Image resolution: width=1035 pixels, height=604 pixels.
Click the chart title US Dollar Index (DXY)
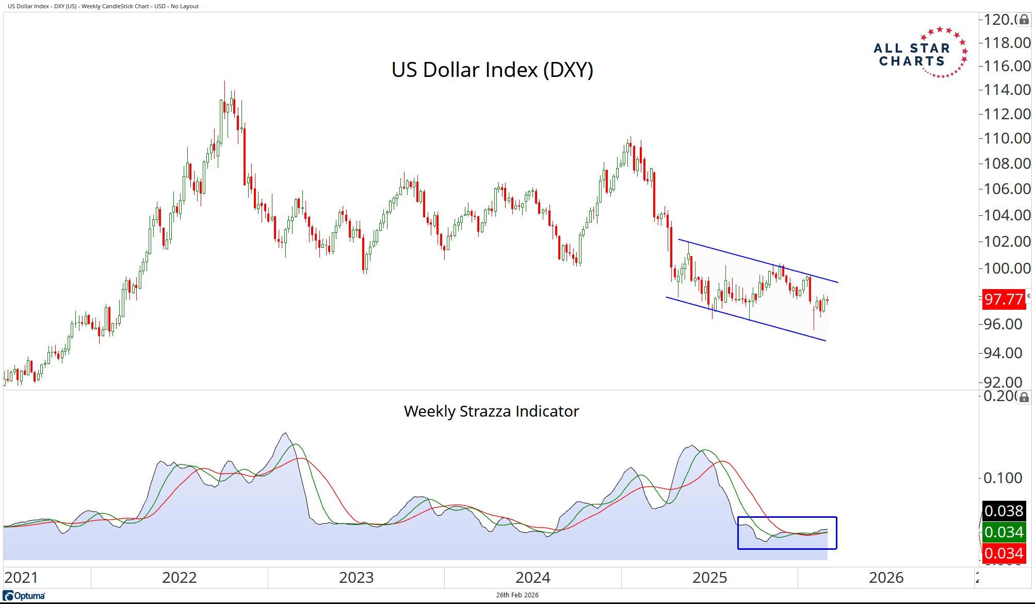pyautogui.click(x=492, y=70)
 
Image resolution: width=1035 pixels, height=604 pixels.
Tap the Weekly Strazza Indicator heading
pyautogui.click(x=491, y=411)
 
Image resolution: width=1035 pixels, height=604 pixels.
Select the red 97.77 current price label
pyautogui.click(x=1003, y=299)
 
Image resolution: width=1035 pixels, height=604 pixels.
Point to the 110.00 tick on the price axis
pyautogui.click(x=1007, y=138)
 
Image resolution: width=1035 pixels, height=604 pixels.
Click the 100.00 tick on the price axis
pyautogui.click(x=1007, y=268)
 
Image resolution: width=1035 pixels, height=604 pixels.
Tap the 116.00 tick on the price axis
pyautogui.click(x=1007, y=66)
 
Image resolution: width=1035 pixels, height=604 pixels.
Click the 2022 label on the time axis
pyautogui.click(x=180, y=578)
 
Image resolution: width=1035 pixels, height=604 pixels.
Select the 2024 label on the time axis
pyautogui.click(x=533, y=578)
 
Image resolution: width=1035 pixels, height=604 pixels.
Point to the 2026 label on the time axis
pyautogui.click(x=886, y=578)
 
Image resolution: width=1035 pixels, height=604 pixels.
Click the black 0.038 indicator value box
pyautogui.click(x=1004, y=511)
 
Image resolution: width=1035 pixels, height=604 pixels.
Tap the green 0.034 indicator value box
pyautogui.click(x=1004, y=532)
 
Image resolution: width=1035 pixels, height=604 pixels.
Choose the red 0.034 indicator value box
pyautogui.click(x=1004, y=553)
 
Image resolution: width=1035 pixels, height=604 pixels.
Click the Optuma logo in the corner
pyautogui.click(x=24, y=596)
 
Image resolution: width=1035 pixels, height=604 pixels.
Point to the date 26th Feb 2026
pyautogui.click(x=517, y=595)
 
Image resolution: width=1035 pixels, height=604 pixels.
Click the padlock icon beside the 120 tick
pyautogui.click(x=1024, y=20)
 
